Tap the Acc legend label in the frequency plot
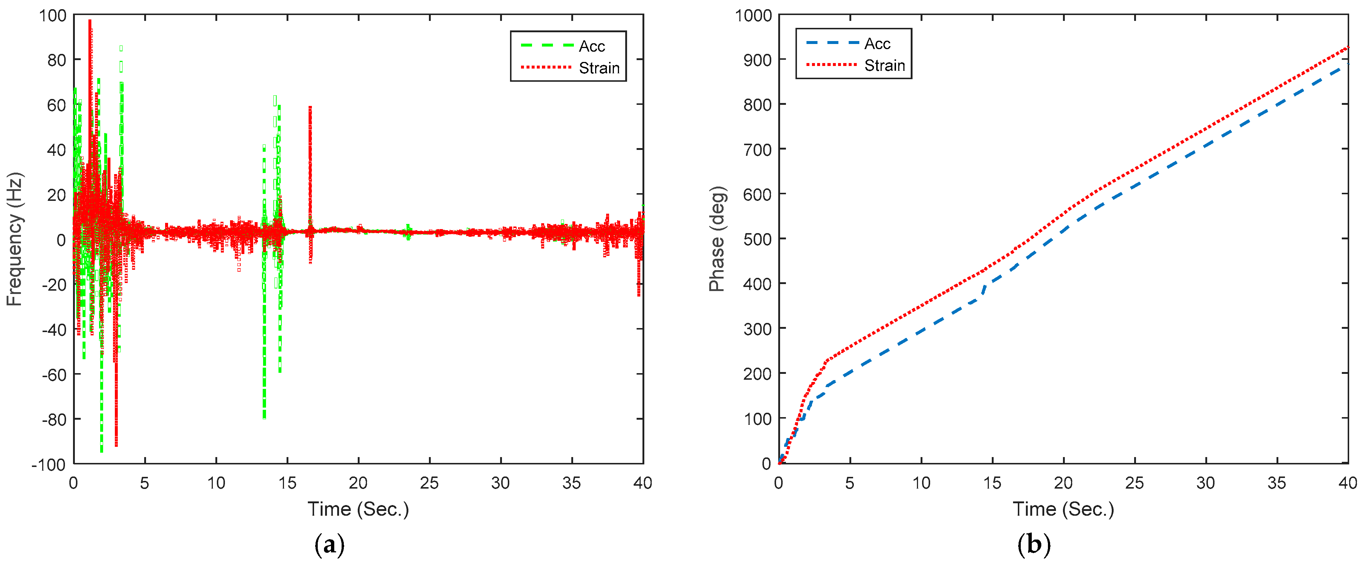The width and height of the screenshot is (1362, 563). click(x=591, y=47)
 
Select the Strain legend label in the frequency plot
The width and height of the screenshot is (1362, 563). click(x=599, y=68)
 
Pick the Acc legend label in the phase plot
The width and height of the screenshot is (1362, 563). click(x=877, y=44)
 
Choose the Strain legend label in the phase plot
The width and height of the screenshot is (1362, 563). click(x=885, y=66)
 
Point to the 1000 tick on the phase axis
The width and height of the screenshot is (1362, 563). click(x=753, y=15)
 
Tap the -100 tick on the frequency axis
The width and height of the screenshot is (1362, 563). click(x=49, y=465)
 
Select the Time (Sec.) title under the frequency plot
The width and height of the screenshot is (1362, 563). click(x=358, y=509)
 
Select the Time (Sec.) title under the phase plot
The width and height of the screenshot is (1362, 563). click(x=1063, y=509)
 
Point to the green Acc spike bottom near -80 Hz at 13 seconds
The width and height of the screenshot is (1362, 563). click(x=264, y=417)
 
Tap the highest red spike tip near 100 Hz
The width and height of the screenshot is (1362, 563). click(x=90, y=21)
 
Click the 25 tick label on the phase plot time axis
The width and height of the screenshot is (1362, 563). click(x=1135, y=483)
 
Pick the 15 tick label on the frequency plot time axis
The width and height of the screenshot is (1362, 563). click(x=287, y=483)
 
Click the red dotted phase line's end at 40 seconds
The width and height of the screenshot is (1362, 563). click(x=1347, y=48)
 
